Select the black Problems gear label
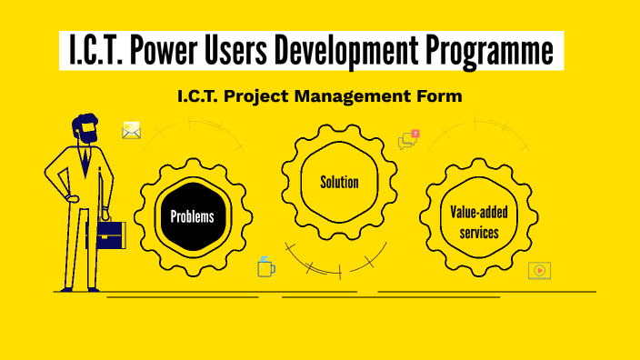pyautogui.click(x=193, y=216)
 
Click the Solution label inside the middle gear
pyautogui.click(x=339, y=182)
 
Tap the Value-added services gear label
pyautogui.click(x=479, y=222)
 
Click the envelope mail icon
pyautogui.click(x=132, y=131)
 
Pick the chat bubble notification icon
pyautogui.click(x=407, y=140)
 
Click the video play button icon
pyautogui.click(x=540, y=270)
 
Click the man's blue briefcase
pyautogui.click(x=110, y=235)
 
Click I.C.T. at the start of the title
pyautogui.click(x=95, y=53)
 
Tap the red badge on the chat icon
pyautogui.click(x=415, y=134)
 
